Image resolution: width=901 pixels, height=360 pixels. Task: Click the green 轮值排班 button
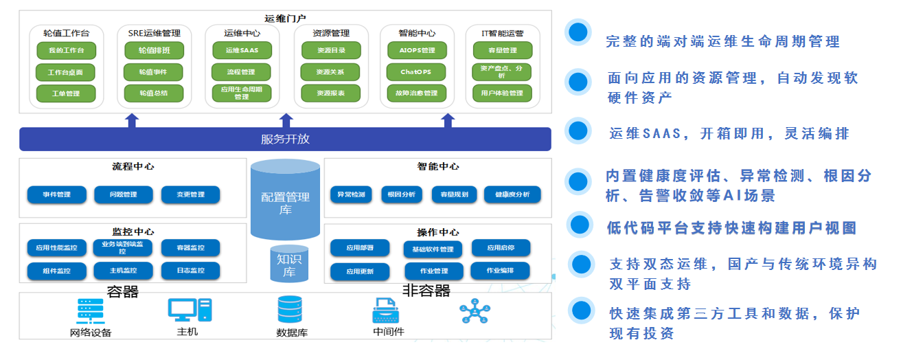[x=155, y=50]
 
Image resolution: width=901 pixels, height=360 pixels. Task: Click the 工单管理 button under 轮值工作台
[x=66, y=93]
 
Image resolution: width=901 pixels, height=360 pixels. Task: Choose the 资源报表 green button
[x=330, y=93]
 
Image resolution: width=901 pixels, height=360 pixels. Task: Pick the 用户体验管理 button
[x=502, y=93]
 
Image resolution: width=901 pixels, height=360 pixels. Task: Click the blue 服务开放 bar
[x=285, y=139]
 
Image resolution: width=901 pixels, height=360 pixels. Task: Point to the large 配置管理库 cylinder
[x=285, y=199]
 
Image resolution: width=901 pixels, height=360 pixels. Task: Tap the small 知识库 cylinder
[x=289, y=264]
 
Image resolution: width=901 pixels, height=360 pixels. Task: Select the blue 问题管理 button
[x=124, y=194]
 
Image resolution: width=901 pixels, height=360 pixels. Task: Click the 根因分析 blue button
[x=401, y=194]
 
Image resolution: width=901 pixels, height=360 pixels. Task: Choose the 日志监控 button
[x=190, y=271]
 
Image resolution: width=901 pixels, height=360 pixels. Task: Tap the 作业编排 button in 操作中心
[x=500, y=270]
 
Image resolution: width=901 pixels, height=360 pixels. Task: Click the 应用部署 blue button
[x=359, y=247]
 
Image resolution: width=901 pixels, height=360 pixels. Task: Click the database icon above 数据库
[x=289, y=310]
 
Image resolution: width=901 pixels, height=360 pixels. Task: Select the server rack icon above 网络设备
[x=90, y=311]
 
